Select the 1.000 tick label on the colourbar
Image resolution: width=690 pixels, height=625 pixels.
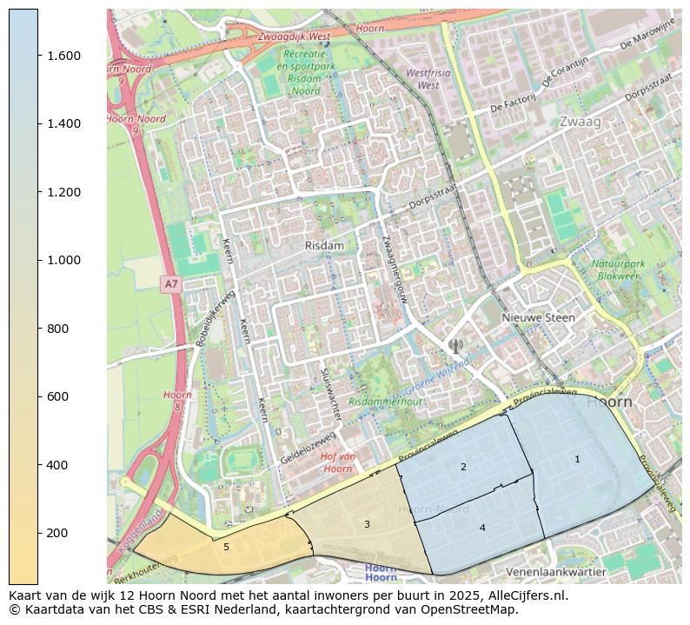click(x=63, y=260)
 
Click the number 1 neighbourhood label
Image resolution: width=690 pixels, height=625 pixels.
click(x=577, y=459)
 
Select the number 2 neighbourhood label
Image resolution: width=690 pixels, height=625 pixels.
click(x=463, y=468)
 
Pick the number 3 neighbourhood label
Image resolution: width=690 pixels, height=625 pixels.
click(x=367, y=524)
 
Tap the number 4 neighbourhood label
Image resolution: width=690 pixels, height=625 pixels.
click(x=482, y=528)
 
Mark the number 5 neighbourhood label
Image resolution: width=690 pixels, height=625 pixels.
click(x=226, y=547)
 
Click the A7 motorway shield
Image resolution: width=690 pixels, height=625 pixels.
click(x=171, y=284)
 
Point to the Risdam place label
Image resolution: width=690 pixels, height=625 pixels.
click(x=324, y=246)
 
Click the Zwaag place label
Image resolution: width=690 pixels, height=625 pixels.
click(x=581, y=122)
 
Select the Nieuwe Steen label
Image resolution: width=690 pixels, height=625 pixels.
click(x=538, y=318)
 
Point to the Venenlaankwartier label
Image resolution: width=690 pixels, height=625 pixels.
click(x=555, y=573)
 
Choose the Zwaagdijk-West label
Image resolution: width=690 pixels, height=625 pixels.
click(x=293, y=37)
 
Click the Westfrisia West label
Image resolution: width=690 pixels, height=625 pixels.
click(x=428, y=79)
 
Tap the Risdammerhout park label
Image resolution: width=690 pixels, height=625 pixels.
click(x=385, y=402)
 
